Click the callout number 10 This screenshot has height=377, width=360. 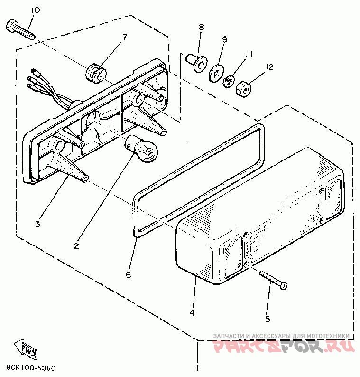coord(36,10)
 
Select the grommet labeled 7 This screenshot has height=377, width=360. coord(95,72)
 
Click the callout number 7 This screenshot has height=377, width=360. coord(125,37)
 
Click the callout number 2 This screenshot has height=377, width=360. coord(76,246)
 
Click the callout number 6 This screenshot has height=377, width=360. coord(128,274)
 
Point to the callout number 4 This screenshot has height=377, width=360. coord(192,312)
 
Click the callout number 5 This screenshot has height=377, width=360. coord(268,319)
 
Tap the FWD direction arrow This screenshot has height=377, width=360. coord(26,349)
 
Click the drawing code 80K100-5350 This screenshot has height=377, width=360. coord(30,368)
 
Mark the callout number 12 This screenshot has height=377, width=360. coord(270,68)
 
